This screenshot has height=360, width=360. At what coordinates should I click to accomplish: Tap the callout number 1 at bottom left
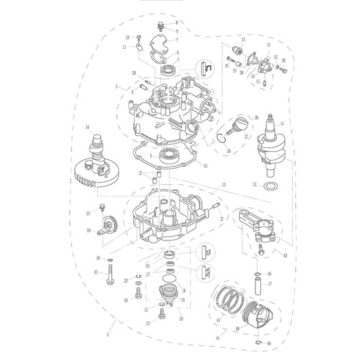(107, 334)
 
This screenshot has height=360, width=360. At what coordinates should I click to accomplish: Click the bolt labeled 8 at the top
(160, 26)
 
